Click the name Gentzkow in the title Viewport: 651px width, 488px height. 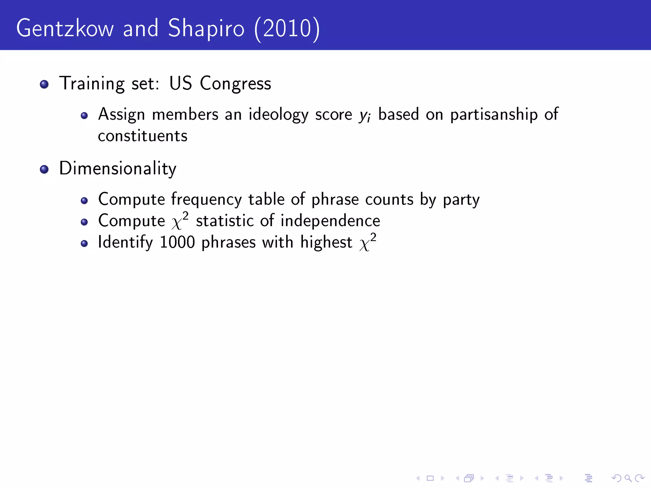[x=65, y=29]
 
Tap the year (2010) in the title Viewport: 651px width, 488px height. [x=287, y=29]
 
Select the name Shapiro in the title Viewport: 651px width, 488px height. [x=206, y=29]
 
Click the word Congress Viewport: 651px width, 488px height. [x=235, y=84]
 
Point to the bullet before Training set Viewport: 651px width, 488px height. [x=44, y=84]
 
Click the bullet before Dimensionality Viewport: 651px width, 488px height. [x=44, y=169]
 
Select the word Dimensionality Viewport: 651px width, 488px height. [x=118, y=168]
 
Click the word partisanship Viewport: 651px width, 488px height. [x=494, y=114]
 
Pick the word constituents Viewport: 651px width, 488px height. [x=142, y=136]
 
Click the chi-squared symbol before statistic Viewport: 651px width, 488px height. [x=180, y=221]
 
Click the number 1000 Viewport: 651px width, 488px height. [x=177, y=242]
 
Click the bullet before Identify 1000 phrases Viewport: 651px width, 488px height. [x=84, y=244]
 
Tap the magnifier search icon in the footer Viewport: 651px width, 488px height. [x=627, y=478]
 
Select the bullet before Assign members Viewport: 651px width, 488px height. [x=84, y=116]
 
